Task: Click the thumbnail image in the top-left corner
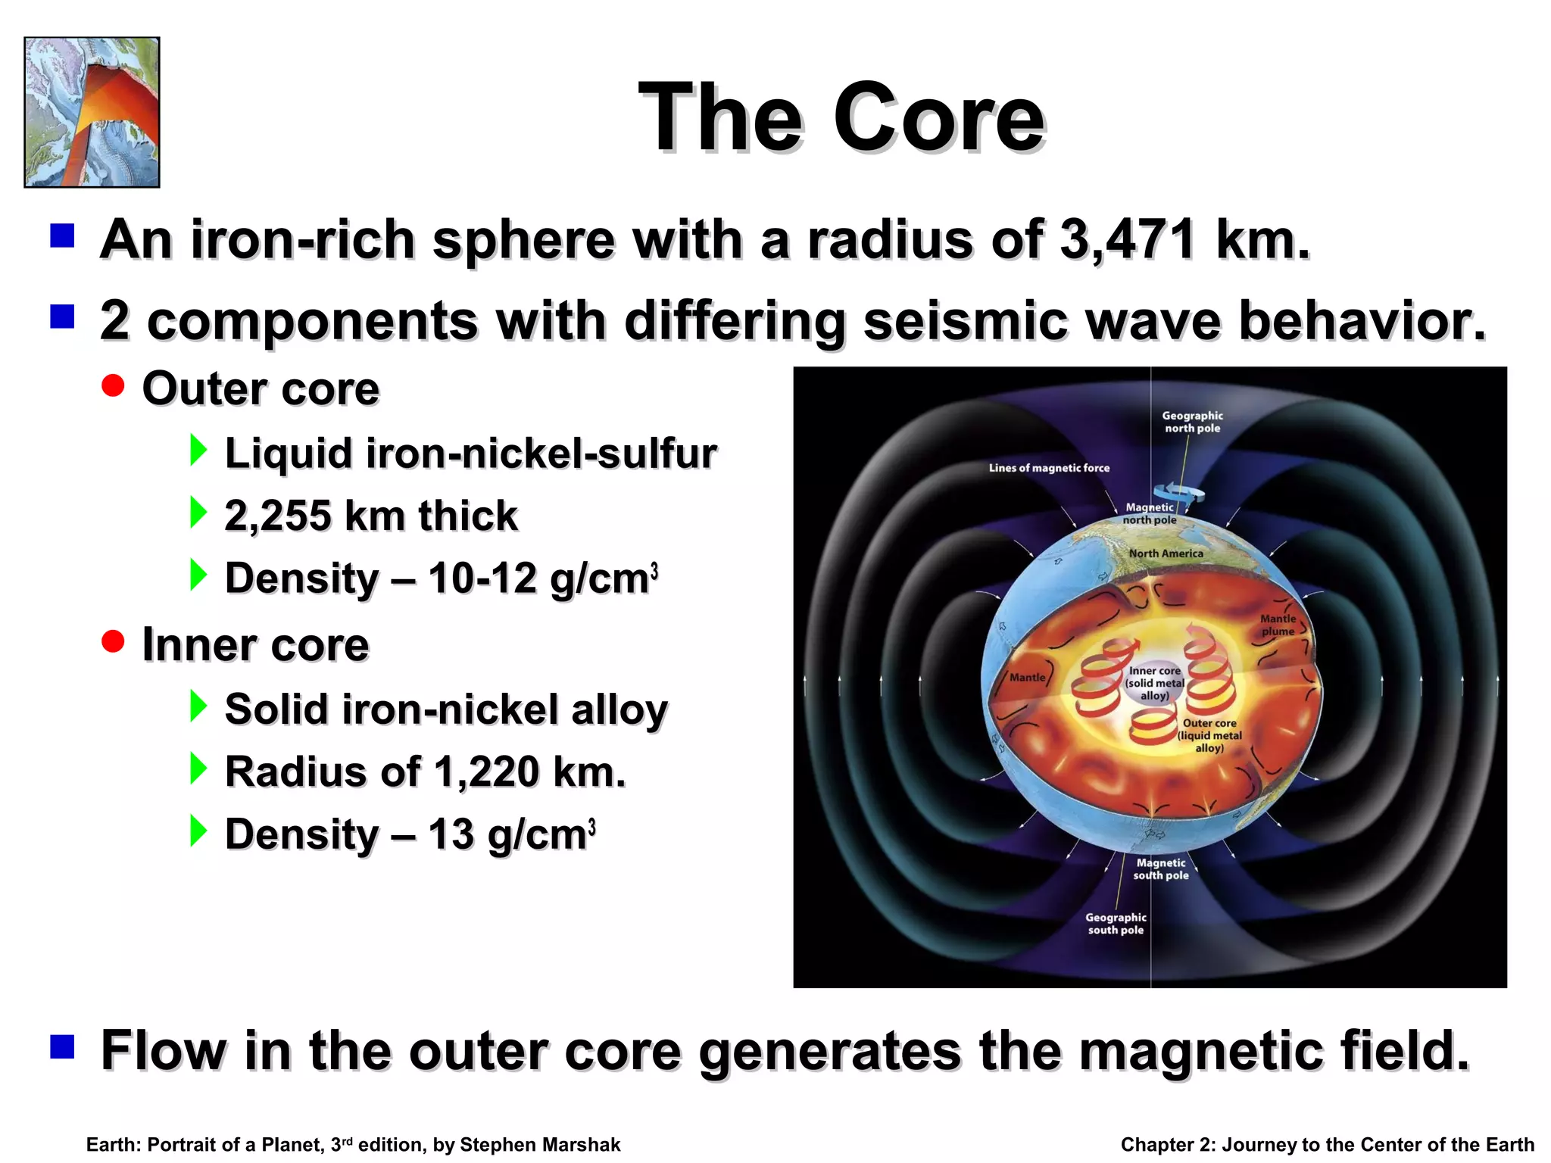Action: tap(92, 112)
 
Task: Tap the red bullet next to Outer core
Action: tap(113, 386)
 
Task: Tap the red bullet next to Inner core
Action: tap(113, 642)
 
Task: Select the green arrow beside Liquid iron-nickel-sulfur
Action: tap(198, 451)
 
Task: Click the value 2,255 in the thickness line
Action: tap(278, 516)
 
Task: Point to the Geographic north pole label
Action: tap(1192, 422)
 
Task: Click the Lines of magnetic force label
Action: tap(1049, 468)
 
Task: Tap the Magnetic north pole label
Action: tap(1150, 513)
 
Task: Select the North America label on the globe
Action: tap(1166, 553)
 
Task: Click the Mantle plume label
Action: tap(1278, 625)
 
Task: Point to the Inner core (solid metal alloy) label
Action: tap(1154, 683)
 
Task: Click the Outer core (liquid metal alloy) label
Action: tap(1209, 735)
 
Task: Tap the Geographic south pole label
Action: tap(1116, 923)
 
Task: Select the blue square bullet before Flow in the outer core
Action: tap(62, 1047)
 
